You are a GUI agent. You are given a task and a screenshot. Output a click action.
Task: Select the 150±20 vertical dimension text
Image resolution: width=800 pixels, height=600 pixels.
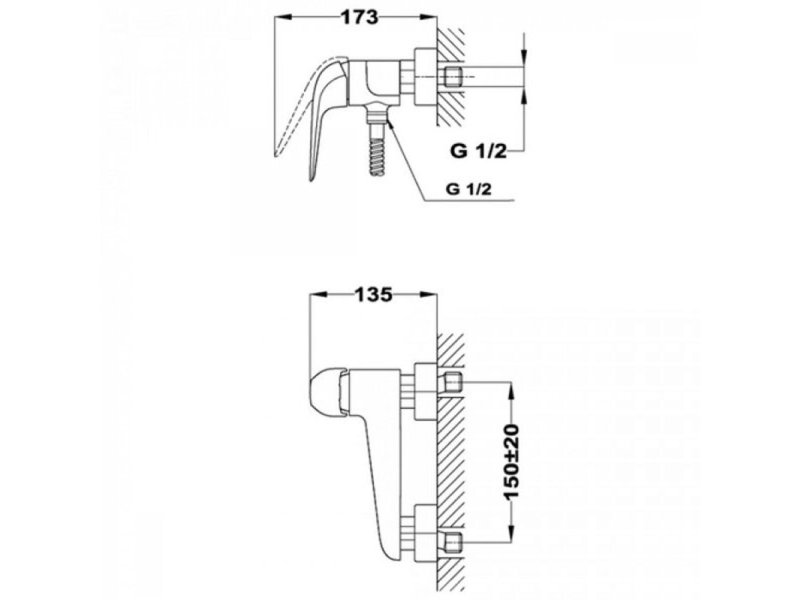click(x=511, y=461)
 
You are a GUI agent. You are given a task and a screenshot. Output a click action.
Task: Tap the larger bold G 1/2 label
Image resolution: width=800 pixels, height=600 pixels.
click(x=478, y=151)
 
